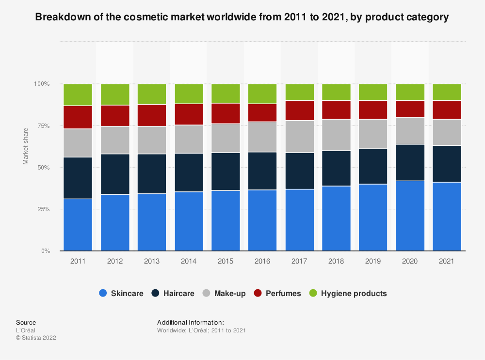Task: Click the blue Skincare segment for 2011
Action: (x=78, y=225)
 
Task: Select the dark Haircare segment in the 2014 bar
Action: (x=189, y=172)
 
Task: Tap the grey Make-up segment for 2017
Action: (x=299, y=137)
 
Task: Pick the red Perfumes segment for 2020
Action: (x=410, y=109)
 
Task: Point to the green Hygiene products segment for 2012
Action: (x=115, y=94)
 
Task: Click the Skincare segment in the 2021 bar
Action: (x=447, y=217)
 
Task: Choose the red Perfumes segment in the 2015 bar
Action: (x=226, y=113)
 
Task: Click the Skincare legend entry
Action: (x=121, y=293)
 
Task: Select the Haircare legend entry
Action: (x=173, y=293)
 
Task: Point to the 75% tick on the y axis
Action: (x=43, y=126)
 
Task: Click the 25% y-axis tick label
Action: (x=43, y=209)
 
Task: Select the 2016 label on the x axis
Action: (x=262, y=261)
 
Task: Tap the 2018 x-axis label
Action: (x=336, y=261)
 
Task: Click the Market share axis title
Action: (x=26, y=146)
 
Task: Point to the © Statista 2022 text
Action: (x=36, y=338)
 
